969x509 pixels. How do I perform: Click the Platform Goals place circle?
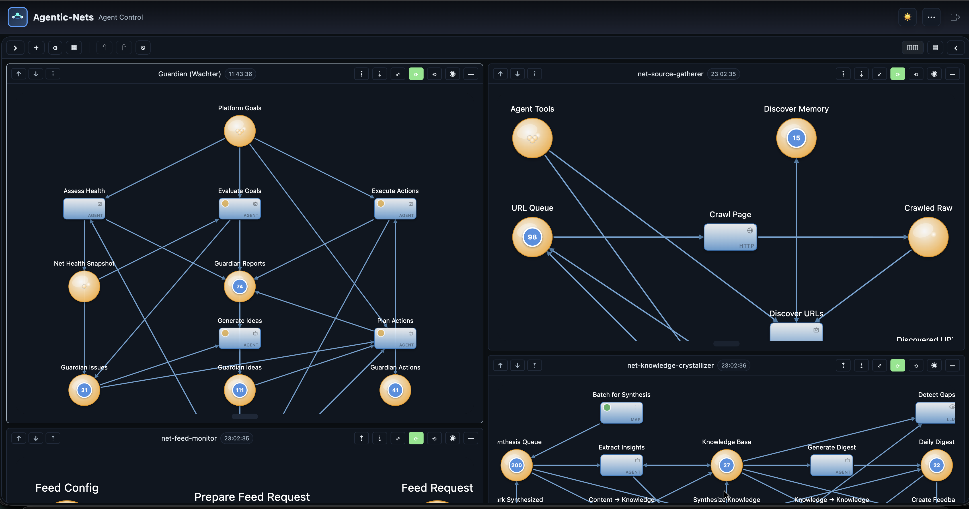click(240, 131)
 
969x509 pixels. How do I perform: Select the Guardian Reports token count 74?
click(240, 286)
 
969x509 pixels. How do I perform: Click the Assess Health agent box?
click(84, 209)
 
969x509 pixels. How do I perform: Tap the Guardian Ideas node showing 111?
click(240, 390)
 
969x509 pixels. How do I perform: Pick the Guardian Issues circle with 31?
click(84, 390)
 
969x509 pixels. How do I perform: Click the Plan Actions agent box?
click(395, 338)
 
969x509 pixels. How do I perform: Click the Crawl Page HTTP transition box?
click(730, 237)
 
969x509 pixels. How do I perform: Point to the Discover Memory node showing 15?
click(796, 138)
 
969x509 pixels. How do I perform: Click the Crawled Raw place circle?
click(928, 237)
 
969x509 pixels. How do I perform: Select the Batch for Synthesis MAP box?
click(621, 413)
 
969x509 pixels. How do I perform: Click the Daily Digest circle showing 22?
click(936, 465)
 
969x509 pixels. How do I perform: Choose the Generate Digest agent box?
click(831, 465)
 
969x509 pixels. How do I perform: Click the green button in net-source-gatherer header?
click(898, 74)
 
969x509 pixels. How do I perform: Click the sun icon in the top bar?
click(907, 17)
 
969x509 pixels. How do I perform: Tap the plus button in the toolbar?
click(36, 48)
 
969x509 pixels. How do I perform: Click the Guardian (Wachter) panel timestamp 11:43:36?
click(240, 74)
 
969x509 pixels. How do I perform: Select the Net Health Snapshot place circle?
click(84, 286)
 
